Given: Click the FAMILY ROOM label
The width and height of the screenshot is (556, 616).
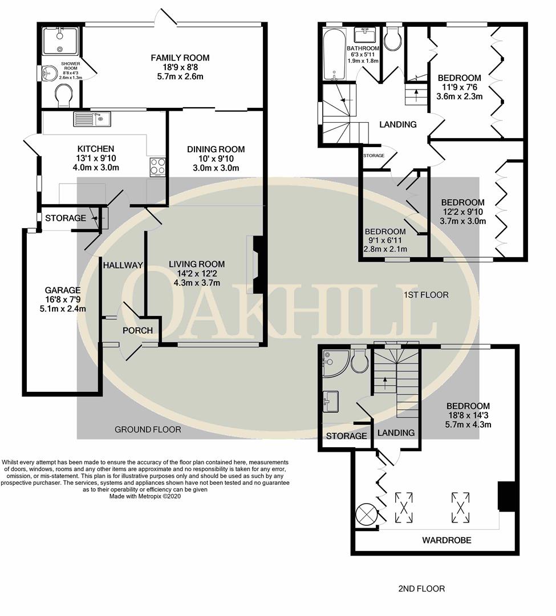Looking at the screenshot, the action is (x=180, y=58).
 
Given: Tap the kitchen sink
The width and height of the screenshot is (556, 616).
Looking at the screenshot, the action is (x=92, y=119).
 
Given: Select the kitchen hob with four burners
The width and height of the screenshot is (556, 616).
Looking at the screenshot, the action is (x=158, y=167).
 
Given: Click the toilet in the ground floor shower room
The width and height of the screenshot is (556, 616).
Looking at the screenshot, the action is (x=63, y=95).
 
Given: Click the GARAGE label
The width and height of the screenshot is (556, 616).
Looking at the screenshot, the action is (x=63, y=290).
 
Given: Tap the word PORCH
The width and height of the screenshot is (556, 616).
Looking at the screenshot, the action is (x=138, y=330).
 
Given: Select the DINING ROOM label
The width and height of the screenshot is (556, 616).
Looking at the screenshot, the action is (x=216, y=149).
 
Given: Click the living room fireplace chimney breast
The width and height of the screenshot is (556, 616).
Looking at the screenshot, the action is (x=258, y=265).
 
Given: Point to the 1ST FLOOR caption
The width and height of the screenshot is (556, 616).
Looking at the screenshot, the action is (x=426, y=295).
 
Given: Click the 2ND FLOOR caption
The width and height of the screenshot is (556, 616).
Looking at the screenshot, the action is (x=422, y=589).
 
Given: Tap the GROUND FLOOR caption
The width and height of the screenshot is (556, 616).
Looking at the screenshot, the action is (x=148, y=429).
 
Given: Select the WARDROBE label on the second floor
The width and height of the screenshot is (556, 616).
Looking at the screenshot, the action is (x=447, y=540).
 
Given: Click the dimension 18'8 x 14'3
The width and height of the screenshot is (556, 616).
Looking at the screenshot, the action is (x=468, y=415).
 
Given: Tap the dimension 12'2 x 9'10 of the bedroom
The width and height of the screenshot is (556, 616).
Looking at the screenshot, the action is (x=463, y=212).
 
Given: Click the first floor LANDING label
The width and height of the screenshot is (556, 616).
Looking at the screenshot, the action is (x=398, y=124).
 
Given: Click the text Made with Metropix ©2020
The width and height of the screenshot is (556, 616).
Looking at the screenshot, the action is (x=145, y=496).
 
